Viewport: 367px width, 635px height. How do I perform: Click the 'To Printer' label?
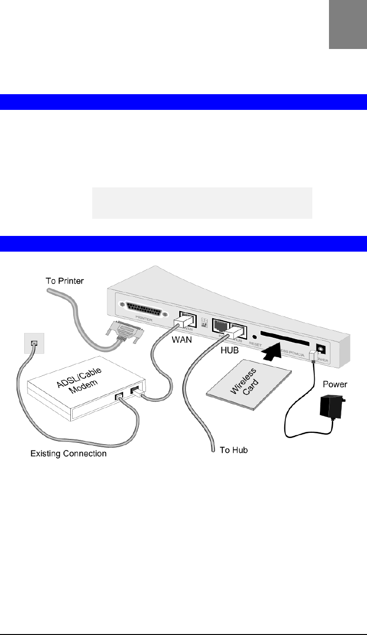coord(65,281)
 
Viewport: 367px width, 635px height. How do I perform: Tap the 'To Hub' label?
coord(233,449)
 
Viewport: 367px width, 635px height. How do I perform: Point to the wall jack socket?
coord(33,342)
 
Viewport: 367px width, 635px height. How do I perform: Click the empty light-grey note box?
coord(202,203)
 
